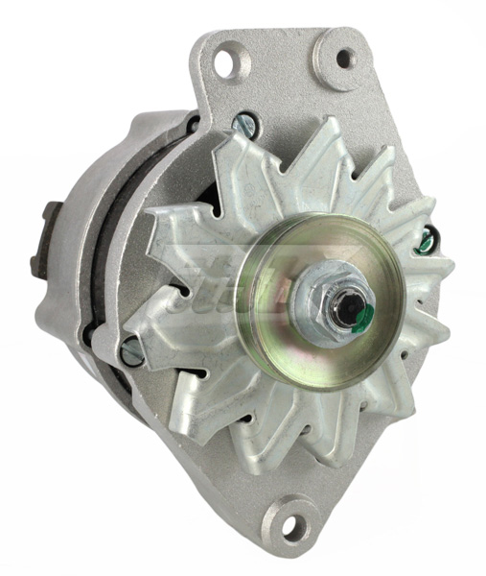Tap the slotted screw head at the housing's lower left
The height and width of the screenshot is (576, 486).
130,353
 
